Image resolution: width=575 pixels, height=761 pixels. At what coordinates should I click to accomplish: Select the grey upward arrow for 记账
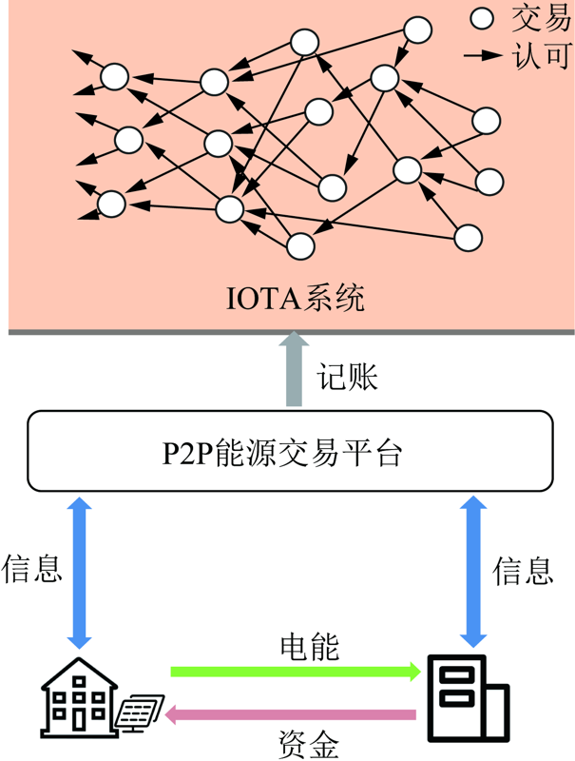295,372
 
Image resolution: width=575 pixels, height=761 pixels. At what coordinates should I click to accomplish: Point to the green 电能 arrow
295,672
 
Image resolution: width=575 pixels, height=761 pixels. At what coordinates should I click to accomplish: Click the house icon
80,699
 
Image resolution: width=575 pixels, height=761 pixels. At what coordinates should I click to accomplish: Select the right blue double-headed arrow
471,571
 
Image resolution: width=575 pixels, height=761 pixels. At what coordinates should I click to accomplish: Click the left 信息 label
32,568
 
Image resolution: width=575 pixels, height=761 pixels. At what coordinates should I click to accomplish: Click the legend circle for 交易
483,18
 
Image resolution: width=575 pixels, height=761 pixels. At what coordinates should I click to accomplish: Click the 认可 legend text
540,55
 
